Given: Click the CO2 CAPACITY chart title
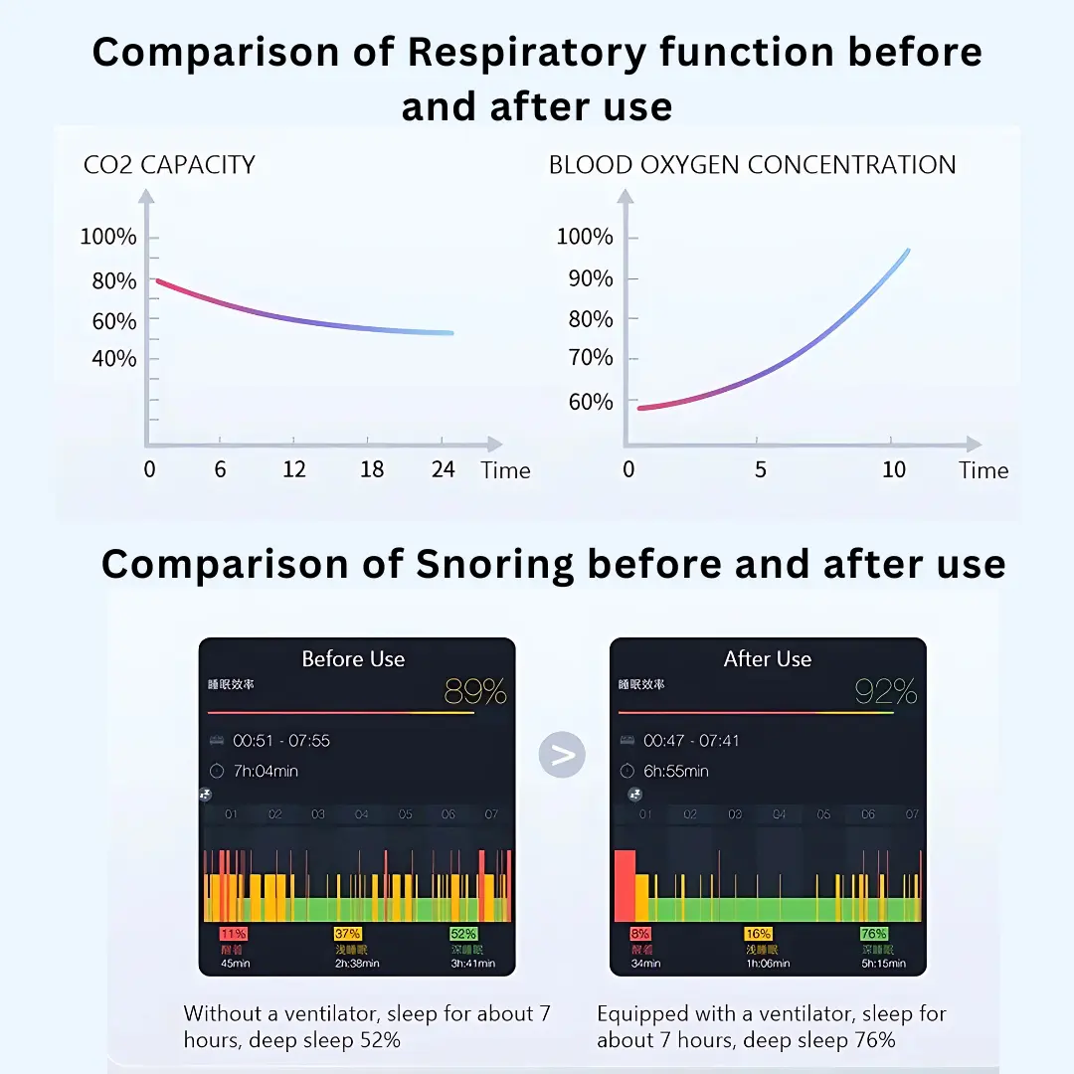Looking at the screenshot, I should pyautogui.click(x=169, y=165).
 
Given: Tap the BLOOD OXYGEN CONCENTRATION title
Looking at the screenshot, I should pyautogui.click(x=752, y=165).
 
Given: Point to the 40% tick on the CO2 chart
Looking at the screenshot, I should pyautogui.click(x=114, y=359).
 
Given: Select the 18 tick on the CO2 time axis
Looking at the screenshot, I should pyautogui.click(x=371, y=469).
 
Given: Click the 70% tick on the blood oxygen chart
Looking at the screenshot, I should pyautogui.click(x=591, y=358).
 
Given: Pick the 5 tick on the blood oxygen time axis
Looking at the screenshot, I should pyautogui.click(x=761, y=469).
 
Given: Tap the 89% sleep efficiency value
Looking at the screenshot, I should pyautogui.click(x=475, y=690).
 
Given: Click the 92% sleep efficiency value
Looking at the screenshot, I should pyautogui.click(x=885, y=690).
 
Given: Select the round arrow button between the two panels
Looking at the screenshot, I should pyautogui.click(x=562, y=756).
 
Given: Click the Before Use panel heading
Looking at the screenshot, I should pyautogui.click(x=353, y=659).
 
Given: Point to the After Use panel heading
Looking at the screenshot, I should pyautogui.click(x=767, y=659).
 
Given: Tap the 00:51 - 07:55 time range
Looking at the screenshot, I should pyautogui.click(x=281, y=741).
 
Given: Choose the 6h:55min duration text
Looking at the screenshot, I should pyautogui.click(x=676, y=771).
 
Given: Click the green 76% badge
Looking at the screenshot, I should pyautogui.click(x=874, y=934).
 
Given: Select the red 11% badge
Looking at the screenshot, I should pyautogui.click(x=234, y=934).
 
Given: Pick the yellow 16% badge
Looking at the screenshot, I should pyautogui.click(x=758, y=934).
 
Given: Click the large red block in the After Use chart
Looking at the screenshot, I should pyautogui.click(x=625, y=885).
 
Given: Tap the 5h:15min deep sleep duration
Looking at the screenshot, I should pyautogui.click(x=883, y=963).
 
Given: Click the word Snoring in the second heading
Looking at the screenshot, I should pyautogui.click(x=494, y=565).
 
